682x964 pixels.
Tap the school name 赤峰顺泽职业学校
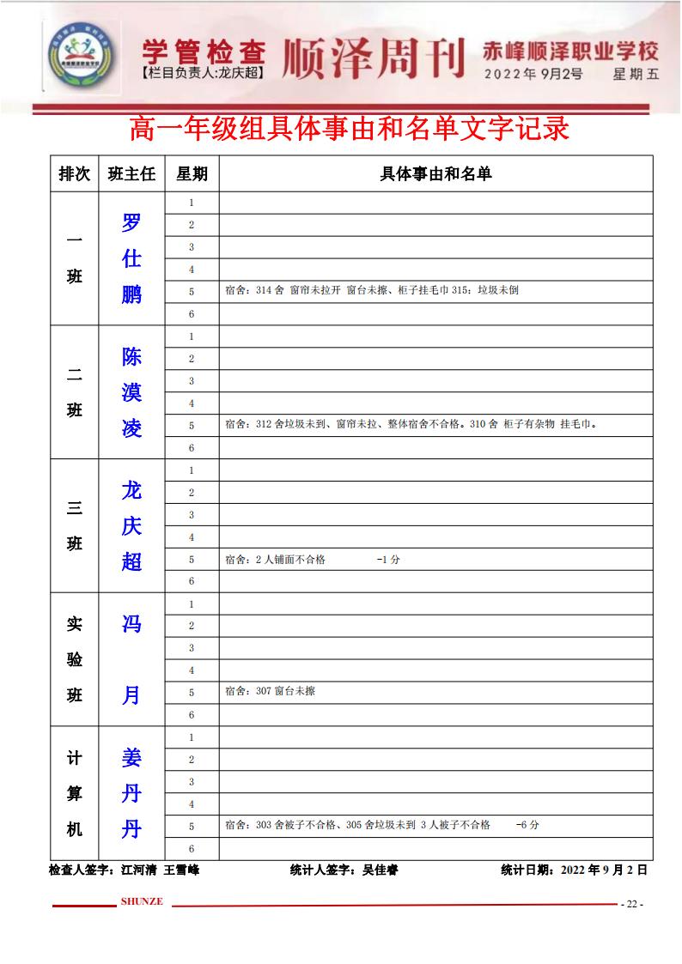pos(571,51)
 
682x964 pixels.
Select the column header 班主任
pos(131,173)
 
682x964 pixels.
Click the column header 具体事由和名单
pos(435,173)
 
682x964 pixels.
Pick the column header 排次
pos(74,173)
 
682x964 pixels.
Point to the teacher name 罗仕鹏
pos(131,258)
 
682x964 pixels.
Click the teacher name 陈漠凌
pos(131,392)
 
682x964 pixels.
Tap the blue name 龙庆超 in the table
pos(131,526)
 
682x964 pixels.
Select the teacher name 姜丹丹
pos(131,794)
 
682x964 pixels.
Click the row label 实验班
pos(75,660)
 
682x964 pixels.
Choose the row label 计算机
pos(75,794)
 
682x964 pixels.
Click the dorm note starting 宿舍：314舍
pos(370,291)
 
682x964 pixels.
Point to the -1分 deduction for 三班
pos(388,560)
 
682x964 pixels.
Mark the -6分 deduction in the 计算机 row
pos(527,826)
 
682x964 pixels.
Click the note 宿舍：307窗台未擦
pos(269,691)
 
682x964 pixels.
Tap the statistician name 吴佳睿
pos(381,870)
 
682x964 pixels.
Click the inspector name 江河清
pos(139,870)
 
